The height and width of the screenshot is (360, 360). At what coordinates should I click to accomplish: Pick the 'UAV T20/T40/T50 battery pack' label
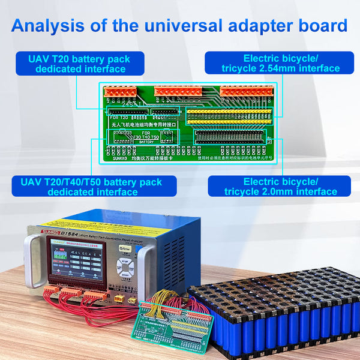click(x=94, y=186)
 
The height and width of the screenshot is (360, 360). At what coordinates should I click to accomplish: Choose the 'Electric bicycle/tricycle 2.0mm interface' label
click(x=281, y=186)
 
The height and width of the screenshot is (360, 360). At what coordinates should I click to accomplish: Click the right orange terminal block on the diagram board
click(x=246, y=91)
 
